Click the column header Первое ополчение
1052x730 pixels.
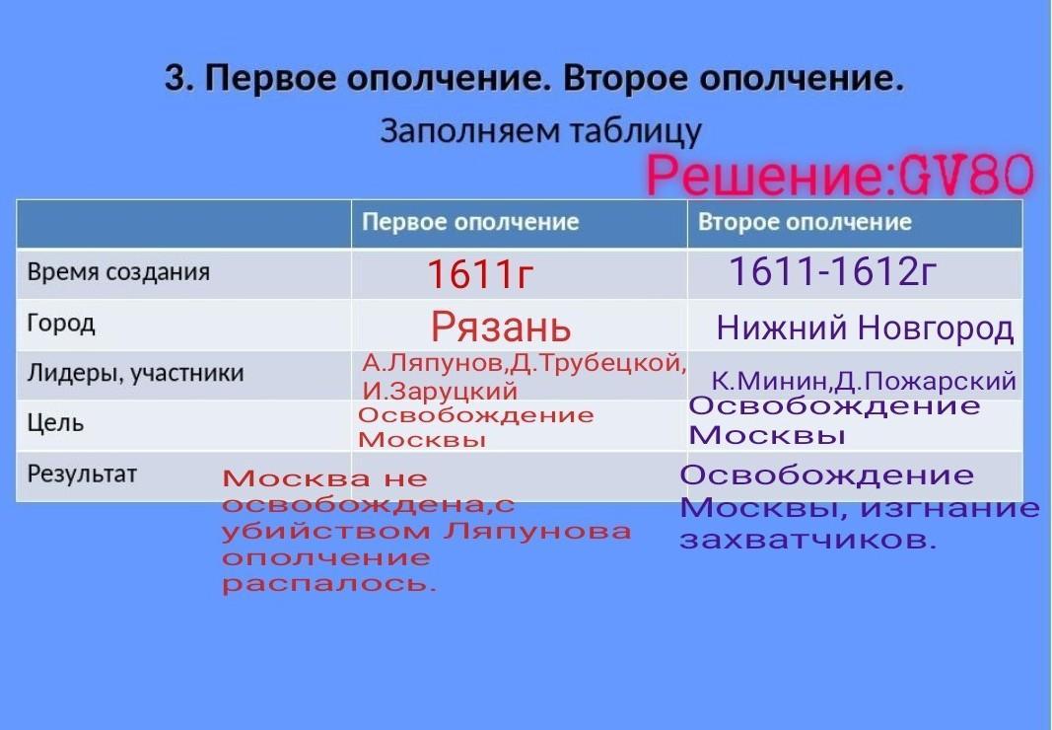(470, 222)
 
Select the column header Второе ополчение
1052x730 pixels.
(805, 222)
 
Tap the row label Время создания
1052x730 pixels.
(118, 272)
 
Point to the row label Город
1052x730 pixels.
(61, 324)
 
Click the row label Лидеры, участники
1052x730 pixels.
(135, 374)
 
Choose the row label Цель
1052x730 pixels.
(55, 424)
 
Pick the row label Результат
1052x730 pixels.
(82, 474)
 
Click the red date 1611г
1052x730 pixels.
(480, 274)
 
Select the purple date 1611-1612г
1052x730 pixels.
(832, 271)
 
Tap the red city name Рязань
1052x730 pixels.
(501, 328)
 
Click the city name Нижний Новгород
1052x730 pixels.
(865, 328)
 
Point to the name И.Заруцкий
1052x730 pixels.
(440, 391)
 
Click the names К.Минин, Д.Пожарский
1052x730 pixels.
(864, 382)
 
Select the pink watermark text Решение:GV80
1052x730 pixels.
(840, 175)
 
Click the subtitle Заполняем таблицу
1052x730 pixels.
(540, 131)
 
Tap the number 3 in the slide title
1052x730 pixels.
(175, 79)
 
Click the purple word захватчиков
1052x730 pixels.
(807, 540)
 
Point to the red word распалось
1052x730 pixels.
(328, 584)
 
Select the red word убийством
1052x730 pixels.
(326, 531)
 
